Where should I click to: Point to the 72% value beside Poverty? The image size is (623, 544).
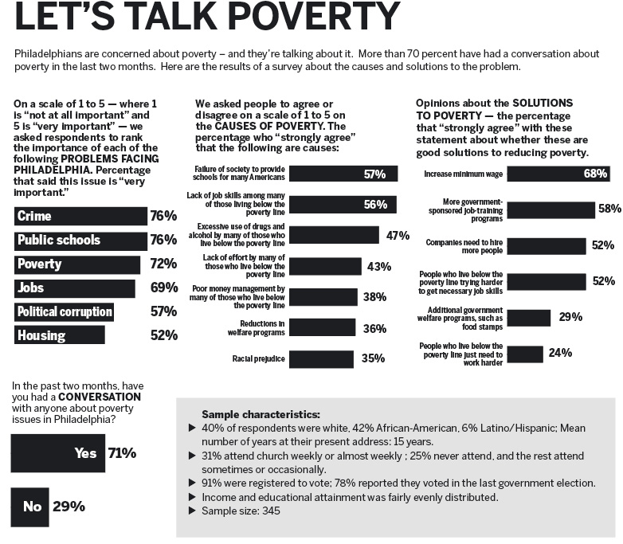click(163, 264)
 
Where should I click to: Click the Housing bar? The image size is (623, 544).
click(60, 335)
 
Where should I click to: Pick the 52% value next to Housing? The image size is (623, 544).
click(163, 335)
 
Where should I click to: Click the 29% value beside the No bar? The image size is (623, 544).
click(69, 506)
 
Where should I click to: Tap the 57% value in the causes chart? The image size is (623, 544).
click(374, 174)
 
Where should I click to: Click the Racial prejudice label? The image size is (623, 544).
click(259, 359)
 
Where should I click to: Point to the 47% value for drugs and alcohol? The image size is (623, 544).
click(397, 236)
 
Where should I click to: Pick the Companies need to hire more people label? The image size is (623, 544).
click(464, 245)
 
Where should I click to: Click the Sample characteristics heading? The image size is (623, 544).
click(261, 415)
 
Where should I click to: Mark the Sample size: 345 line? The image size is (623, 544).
click(240, 511)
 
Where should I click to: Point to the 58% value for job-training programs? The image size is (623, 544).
click(609, 209)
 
